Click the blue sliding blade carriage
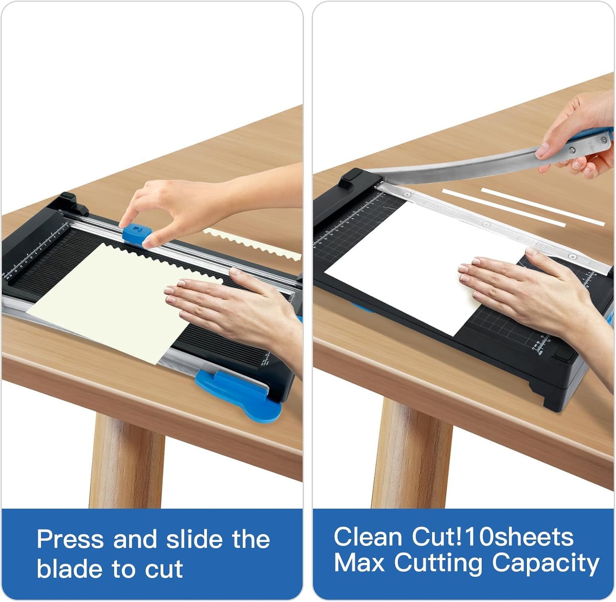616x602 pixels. pyautogui.click(x=137, y=233)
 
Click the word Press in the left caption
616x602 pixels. pyautogui.click(x=70, y=539)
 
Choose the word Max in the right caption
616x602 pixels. pyautogui.click(x=359, y=563)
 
